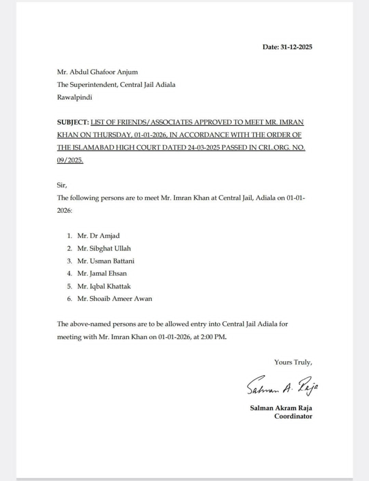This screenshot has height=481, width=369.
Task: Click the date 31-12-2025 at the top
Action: click(x=297, y=47)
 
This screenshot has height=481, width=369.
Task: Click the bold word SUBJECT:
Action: click(x=72, y=123)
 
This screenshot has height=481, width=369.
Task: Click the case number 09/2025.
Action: click(x=70, y=161)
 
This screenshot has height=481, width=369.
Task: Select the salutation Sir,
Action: click(x=62, y=186)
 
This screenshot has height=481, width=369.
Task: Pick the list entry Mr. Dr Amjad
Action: click(x=95, y=236)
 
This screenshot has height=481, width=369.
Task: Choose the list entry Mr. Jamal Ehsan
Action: click(x=102, y=273)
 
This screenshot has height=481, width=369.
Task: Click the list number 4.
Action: click(x=69, y=273)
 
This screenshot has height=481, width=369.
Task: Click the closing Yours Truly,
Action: click(x=293, y=362)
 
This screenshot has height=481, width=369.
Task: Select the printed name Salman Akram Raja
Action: click(x=281, y=408)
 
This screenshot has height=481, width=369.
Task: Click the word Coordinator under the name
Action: click(x=293, y=416)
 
